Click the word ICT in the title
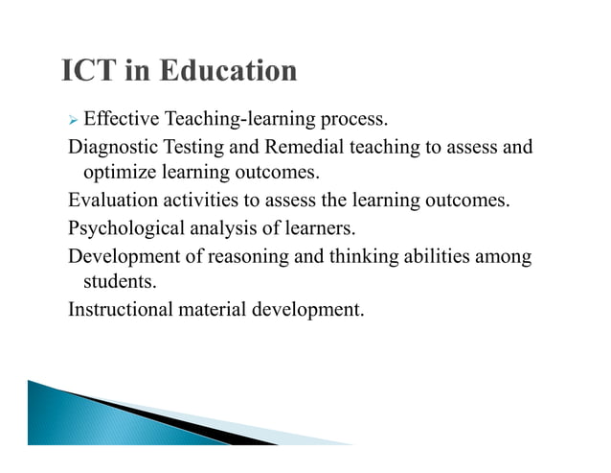click(93, 71)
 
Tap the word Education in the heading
click(229, 71)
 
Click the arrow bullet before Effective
click(73, 121)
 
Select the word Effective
click(122, 121)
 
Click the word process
click(355, 122)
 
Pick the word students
click(120, 282)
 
